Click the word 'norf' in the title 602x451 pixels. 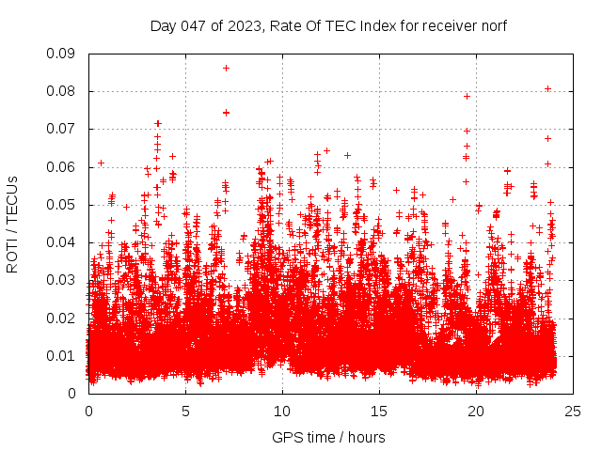(x=492, y=25)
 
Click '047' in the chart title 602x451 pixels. (x=193, y=25)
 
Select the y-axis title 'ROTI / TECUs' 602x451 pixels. (x=13, y=224)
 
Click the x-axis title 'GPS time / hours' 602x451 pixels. (x=328, y=437)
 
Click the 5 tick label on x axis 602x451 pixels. (x=185, y=411)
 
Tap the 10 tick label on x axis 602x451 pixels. (x=282, y=411)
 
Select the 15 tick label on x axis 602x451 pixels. (x=379, y=411)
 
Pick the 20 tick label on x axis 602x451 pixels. (x=476, y=411)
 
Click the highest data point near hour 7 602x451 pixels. (x=226, y=68)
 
